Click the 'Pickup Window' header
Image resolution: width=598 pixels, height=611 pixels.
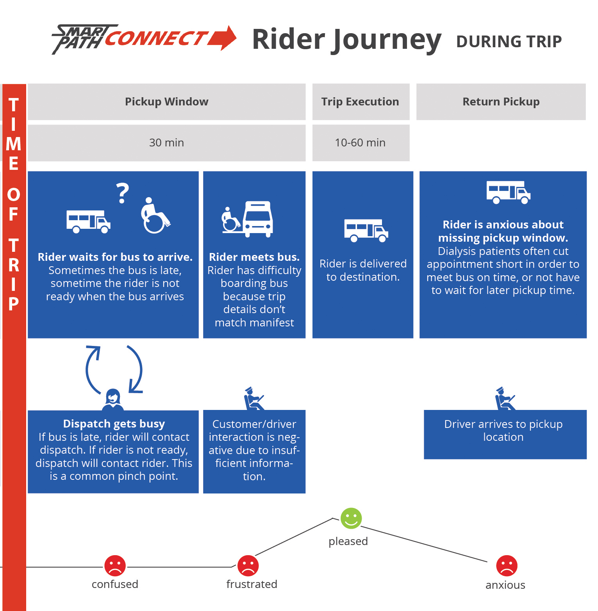tap(166, 102)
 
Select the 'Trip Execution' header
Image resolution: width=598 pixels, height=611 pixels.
tap(360, 102)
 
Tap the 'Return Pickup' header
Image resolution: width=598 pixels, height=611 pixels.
tap(501, 102)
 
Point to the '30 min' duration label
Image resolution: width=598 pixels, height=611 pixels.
tap(166, 143)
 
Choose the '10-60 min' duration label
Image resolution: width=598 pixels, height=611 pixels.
tap(360, 143)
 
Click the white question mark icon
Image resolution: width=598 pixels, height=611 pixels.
tap(123, 193)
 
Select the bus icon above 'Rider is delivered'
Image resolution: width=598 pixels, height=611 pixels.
tap(366, 230)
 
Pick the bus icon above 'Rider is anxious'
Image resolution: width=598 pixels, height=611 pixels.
tap(508, 192)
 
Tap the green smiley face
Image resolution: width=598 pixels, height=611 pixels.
tap(351, 518)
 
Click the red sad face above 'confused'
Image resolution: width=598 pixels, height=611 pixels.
tap(115, 566)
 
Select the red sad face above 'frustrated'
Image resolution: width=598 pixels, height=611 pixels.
tap(248, 566)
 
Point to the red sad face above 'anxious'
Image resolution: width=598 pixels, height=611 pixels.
tap(507, 566)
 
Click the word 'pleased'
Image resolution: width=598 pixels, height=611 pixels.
tap(348, 542)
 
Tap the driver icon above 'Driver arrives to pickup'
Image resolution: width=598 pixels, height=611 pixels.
tap(505, 399)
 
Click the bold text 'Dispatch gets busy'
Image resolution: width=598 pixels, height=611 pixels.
tap(114, 424)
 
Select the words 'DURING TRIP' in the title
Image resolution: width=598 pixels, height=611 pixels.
tap(509, 42)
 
